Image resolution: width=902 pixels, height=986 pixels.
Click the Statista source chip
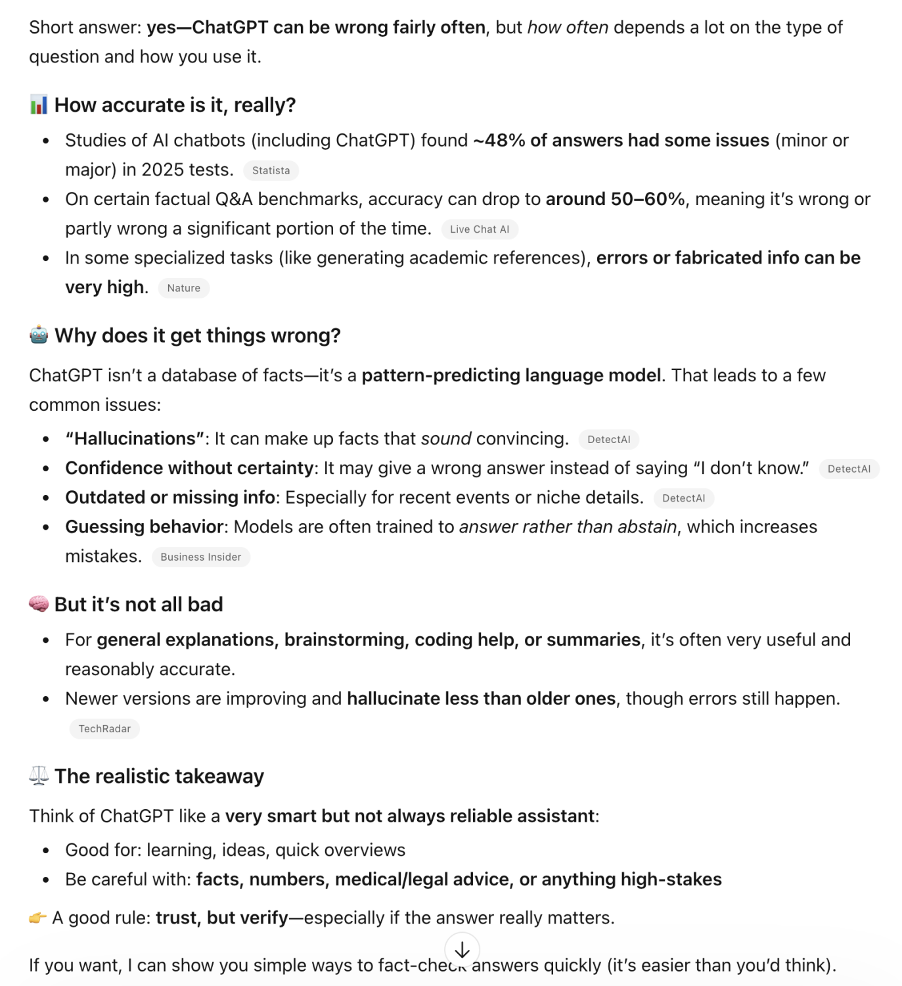click(x=271, y=171)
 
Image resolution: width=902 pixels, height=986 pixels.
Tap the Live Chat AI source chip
click(x=480, y=229)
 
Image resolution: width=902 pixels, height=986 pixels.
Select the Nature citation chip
click(x=183, y=288)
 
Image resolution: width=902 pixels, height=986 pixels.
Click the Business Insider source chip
click(x=200, y=557)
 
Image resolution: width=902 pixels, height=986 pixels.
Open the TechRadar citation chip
click(x=104, y=728)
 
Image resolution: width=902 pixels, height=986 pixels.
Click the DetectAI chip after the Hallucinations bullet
click(x=608, y=439)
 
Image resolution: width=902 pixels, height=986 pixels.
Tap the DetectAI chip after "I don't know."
click(x=849, y=469)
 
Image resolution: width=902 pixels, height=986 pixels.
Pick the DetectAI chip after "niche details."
click(x=683, y=498)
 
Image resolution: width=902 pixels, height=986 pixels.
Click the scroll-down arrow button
click(x=462, y=950)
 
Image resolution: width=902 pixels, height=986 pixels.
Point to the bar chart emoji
click(x=39, y=105)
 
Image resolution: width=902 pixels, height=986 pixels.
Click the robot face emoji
click(x=39, y=335)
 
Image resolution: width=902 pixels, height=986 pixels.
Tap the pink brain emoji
click(x=39, y=603)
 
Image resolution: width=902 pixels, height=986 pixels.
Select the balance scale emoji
click(x=39, y=776)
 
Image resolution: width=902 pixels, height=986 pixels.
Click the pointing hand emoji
click(x=37, y=917)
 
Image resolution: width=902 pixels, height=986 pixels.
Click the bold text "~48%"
click(x=499, y=141)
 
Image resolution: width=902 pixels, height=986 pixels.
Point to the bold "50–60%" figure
click(x=648, y=199)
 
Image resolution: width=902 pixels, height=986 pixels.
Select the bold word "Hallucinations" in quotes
click(x=135, y=439)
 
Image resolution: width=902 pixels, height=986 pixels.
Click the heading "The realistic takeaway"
click(x=159, y=776)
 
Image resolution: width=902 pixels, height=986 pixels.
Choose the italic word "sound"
click(x=446, y=439)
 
